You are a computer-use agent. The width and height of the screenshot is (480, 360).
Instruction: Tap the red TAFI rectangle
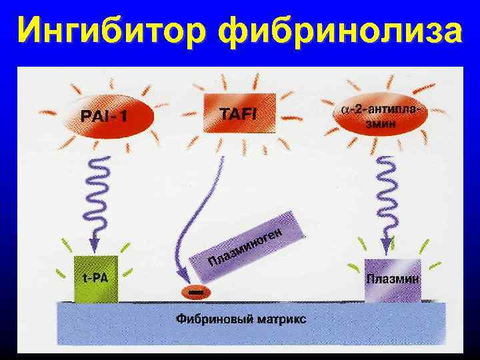239,113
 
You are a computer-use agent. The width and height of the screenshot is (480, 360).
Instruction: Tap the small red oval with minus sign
195,292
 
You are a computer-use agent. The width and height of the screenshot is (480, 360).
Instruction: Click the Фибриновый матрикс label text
241,319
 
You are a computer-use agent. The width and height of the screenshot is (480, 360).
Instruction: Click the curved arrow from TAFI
200,220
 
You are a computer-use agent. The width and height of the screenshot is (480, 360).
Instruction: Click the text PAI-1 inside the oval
104,117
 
